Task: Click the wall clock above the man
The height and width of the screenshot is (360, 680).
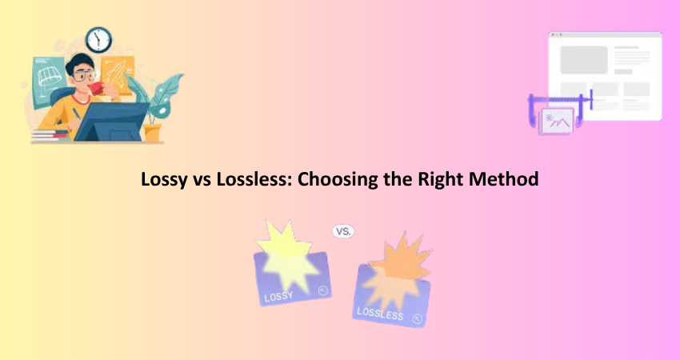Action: click(98, 40)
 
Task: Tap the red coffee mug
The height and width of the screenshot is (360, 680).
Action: click(96, 89)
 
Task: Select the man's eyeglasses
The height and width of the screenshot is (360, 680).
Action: click(83, 76)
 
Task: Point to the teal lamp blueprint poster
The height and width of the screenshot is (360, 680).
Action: click(49, 82)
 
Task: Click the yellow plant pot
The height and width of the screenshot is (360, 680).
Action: click(152, 133)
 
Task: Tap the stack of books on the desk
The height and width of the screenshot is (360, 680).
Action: click(50, 136)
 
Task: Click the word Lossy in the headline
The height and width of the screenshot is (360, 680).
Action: click(164, 179)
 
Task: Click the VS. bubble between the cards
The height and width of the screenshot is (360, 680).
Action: click(343, 232)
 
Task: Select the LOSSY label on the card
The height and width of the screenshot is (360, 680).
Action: click(279, 297)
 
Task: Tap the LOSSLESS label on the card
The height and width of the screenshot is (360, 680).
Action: click(380, 314)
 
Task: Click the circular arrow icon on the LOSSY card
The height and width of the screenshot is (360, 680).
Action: click(322, 290)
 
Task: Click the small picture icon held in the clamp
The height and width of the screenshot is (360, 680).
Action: click(556, 121)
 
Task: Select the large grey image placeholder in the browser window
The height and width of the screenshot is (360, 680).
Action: click(584, 60)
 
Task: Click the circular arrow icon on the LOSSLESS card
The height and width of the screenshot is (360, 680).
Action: click(417, 319)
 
